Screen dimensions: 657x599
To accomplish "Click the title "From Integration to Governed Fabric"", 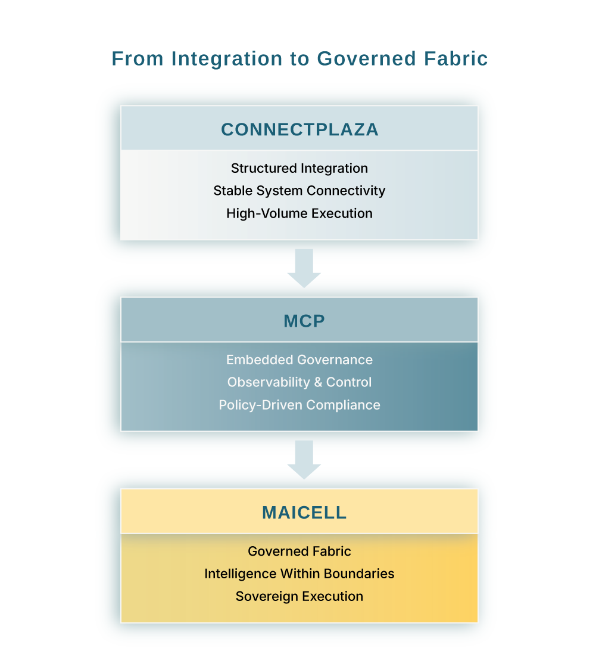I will coord(299,58).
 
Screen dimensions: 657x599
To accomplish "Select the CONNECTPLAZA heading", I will coord(299,129).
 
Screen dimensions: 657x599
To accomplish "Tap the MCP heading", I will coord(304,321).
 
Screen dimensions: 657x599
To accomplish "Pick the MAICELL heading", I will coord(304,512).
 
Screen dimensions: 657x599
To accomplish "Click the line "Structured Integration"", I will coord(299,168).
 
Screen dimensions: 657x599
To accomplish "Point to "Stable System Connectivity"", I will coord(299,191).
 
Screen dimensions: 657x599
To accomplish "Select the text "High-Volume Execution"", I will coord(299,213).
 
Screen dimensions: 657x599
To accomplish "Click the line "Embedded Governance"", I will coord(299,360).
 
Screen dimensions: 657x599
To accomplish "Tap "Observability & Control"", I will coord(299,382).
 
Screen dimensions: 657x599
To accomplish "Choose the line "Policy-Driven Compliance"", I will coord(299,405).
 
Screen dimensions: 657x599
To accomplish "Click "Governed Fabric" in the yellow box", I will coord(299,551).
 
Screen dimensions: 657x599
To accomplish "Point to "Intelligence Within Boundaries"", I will coord(299,574).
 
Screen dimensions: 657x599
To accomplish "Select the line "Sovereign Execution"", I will coord(299,596).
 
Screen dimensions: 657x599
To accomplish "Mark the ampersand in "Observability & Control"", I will coord(319,382).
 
